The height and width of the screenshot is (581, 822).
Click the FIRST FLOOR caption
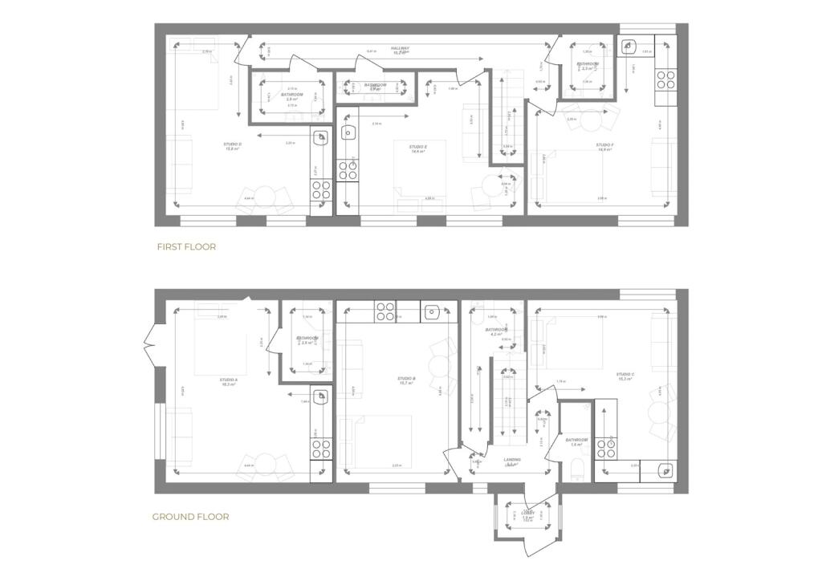point(186,247)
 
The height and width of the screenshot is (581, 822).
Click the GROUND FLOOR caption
point(190,517)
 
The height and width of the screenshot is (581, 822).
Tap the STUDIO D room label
point(233,144)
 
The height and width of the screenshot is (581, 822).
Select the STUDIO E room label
point(417,148)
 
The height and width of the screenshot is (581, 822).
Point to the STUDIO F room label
point(604,146)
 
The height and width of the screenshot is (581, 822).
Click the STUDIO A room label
point(228,380)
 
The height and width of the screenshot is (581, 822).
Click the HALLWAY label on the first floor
point(400,48)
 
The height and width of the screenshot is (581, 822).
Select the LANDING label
point(512,460)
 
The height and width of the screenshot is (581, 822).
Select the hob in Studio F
point(665,79)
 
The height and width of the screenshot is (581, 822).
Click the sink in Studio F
point(630,47)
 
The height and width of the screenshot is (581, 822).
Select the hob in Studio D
point(321,189)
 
